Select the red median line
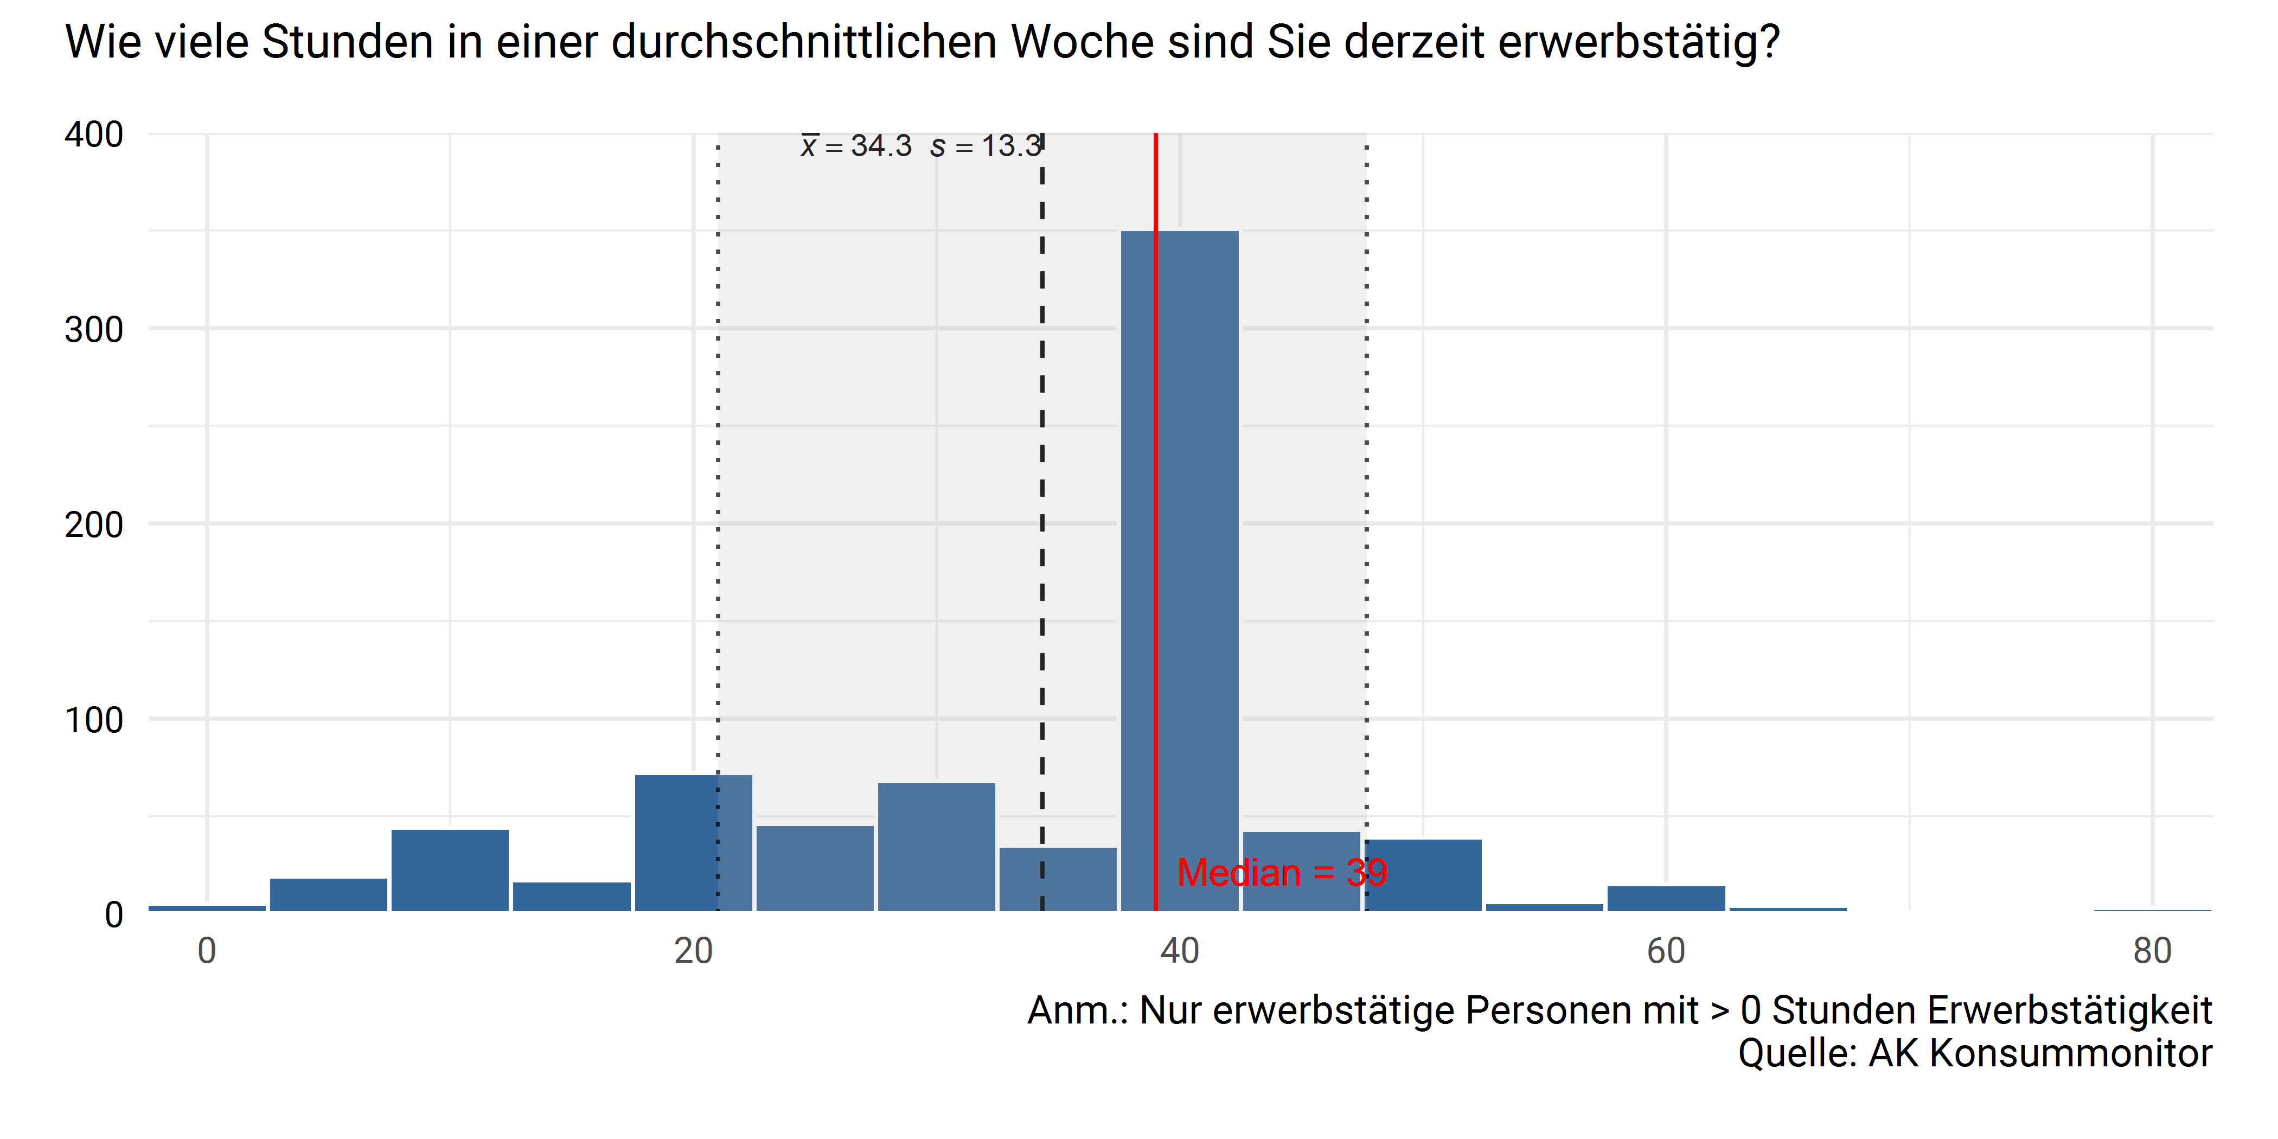[x=1156, y=442]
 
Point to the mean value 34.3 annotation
[x=856, y=146]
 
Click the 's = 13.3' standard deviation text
[x=986, y=146]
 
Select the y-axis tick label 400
[x=94, y=135]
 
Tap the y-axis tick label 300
[x=94, y=330]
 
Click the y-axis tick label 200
[x=94, y=524]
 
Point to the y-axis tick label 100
[x=94, y=720]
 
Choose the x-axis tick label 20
[x=693, y=951]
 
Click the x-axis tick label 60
[x=1666, y=951]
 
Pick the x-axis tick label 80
[x=2152, y=951]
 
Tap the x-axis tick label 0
[x=207, y=951]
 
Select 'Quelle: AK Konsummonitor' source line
[x=1975, y=1053]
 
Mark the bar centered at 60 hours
[x=1666, y=899]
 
